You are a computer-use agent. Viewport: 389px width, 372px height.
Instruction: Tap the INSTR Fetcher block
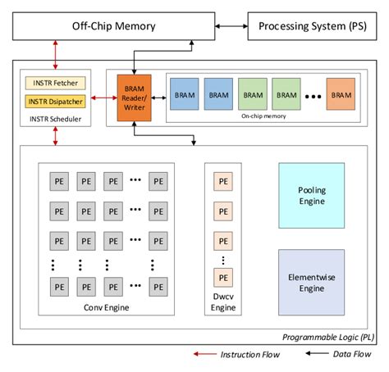[x=55, y=84]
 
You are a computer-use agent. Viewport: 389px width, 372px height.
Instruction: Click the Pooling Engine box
[x=311, y=195]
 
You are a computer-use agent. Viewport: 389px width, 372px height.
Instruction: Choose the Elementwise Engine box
[x=311, y=282]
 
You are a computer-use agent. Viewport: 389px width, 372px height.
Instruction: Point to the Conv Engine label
[x=107, y=308]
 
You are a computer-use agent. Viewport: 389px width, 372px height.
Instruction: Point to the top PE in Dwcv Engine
[x=222, y=181]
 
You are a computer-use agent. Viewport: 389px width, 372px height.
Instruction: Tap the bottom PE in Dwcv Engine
[x=222, y=275]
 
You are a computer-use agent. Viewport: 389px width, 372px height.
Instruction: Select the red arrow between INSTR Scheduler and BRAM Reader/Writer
[x=104, y=98]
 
